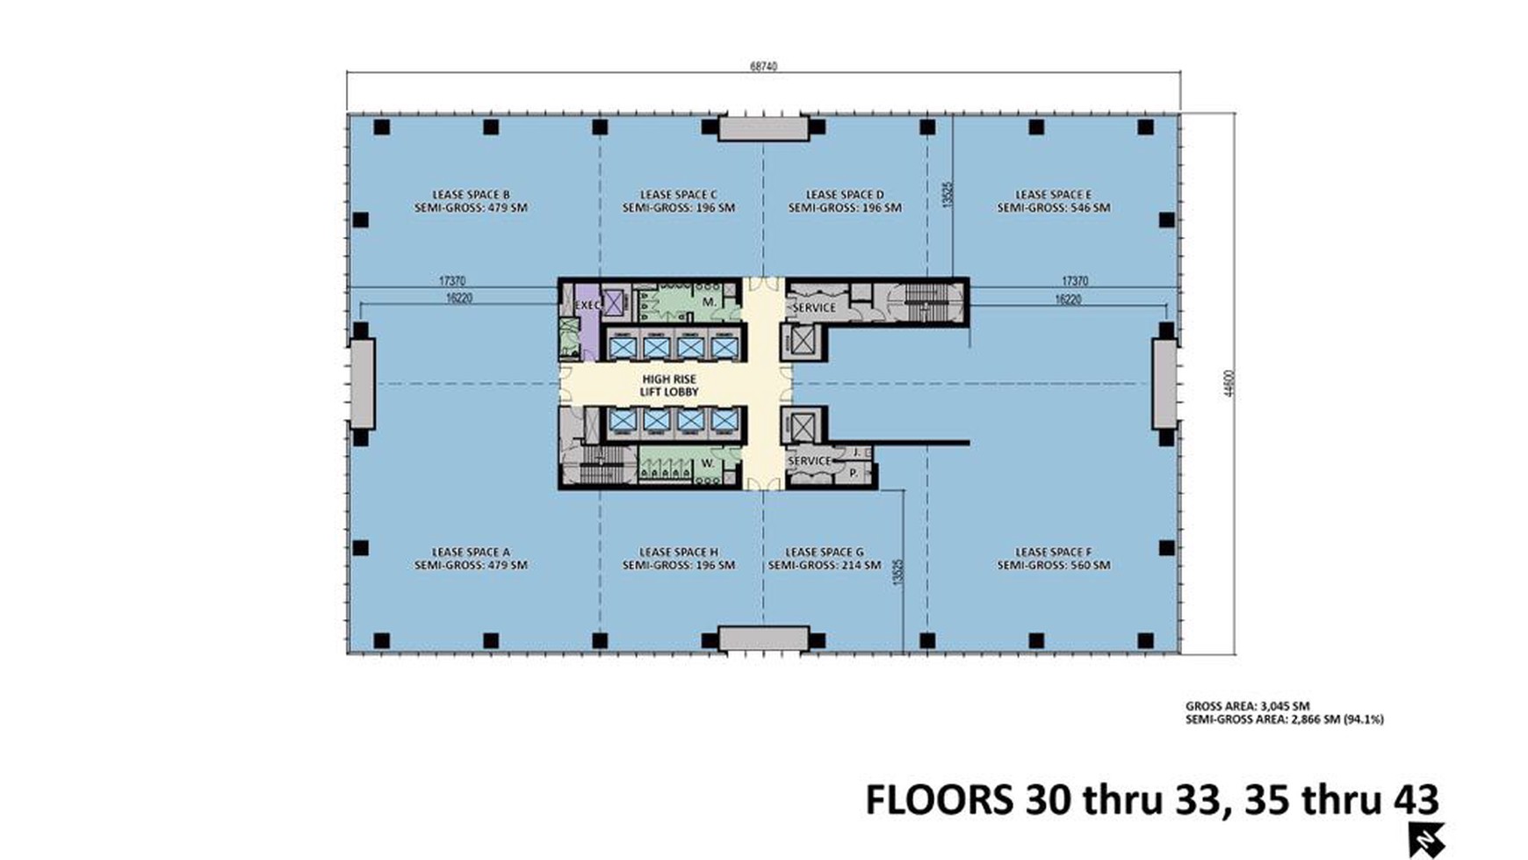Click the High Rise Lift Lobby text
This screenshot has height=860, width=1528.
[669, 386]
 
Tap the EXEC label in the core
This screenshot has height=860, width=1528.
[587, 305]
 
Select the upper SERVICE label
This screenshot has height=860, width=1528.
[814, 307]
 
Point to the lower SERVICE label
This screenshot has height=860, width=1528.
[809, 460]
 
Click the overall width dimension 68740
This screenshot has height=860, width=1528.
[763, 66]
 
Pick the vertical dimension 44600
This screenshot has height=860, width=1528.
[1229, 383]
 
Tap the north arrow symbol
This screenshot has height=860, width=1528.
[1427, 840]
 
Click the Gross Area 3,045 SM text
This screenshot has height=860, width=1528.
[1247, 705]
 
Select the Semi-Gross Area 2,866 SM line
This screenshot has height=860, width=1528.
[1284, 719]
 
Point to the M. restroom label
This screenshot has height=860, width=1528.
[710, 301]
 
